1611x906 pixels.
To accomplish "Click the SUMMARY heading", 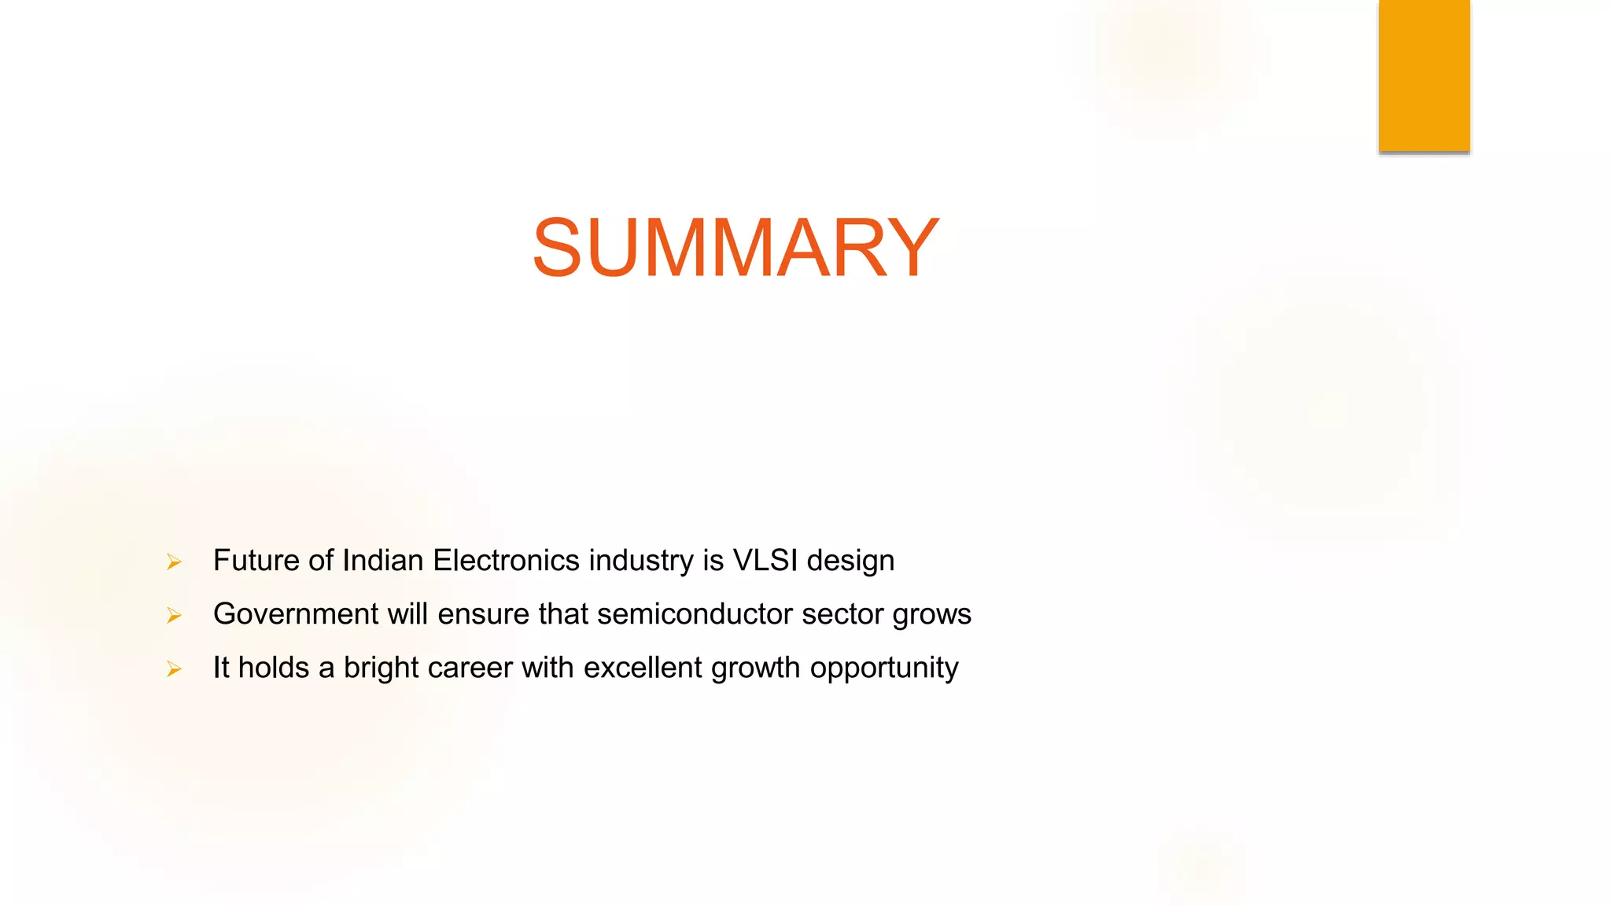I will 735,248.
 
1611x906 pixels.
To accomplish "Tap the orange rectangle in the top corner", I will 1424,75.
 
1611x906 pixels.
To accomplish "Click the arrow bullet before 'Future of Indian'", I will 174,562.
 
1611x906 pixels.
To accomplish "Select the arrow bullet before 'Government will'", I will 174,615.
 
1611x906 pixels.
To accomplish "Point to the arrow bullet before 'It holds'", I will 174,668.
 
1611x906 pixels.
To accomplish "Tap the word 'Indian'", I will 383,561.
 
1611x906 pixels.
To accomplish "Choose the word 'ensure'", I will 484,614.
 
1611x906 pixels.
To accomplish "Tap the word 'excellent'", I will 643,668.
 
